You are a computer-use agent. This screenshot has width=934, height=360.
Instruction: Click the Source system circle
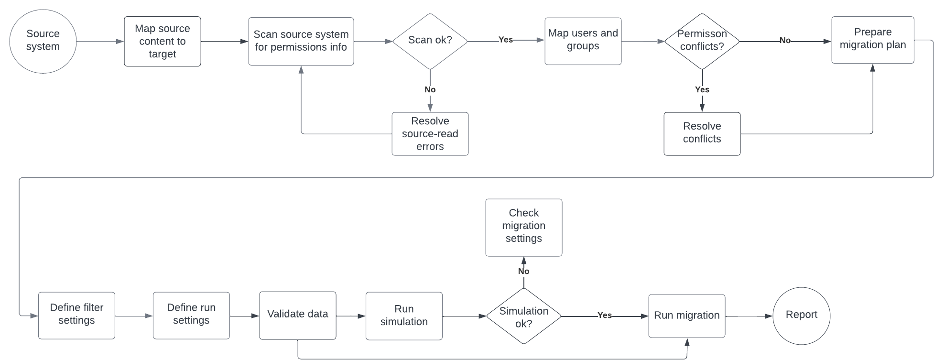[x=43, y=41]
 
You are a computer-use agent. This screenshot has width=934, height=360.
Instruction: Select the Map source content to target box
[x=163, y=42]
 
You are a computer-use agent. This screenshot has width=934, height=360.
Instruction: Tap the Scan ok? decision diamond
[x=430, y=41]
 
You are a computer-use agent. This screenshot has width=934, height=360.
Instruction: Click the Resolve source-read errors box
[x=430, y=134]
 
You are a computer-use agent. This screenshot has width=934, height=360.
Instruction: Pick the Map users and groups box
[x=583, y=41]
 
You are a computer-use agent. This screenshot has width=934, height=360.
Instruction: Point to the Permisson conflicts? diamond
[x=702, y=41]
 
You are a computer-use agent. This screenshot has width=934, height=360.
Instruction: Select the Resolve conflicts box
[x=702, y=134]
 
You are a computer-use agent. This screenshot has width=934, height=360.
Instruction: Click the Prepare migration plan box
[x=872, y=40]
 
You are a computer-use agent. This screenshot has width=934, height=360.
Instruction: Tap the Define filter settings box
[x=76, y=316]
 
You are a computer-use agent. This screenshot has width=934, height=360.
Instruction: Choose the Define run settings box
[x=191, y=316]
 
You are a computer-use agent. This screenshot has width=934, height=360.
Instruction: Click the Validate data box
[x=297, y=316]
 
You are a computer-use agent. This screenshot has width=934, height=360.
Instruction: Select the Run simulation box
[x=404, y=316]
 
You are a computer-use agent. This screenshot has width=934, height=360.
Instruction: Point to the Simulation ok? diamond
[x=523, y=316]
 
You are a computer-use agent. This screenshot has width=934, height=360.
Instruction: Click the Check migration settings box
[x=523, y=228]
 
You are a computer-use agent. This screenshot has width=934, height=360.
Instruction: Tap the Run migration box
[x=686, y=316]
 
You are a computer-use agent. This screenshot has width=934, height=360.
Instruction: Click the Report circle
[x=801, y=316]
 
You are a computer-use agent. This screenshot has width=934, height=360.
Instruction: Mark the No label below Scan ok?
[x=430, y=89]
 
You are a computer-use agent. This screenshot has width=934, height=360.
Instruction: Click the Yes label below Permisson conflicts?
[x=702, y=89]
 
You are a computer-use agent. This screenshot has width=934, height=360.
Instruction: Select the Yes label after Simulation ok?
[x=604, y=316]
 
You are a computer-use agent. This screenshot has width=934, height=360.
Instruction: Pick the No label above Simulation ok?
[x=523, y=271]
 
